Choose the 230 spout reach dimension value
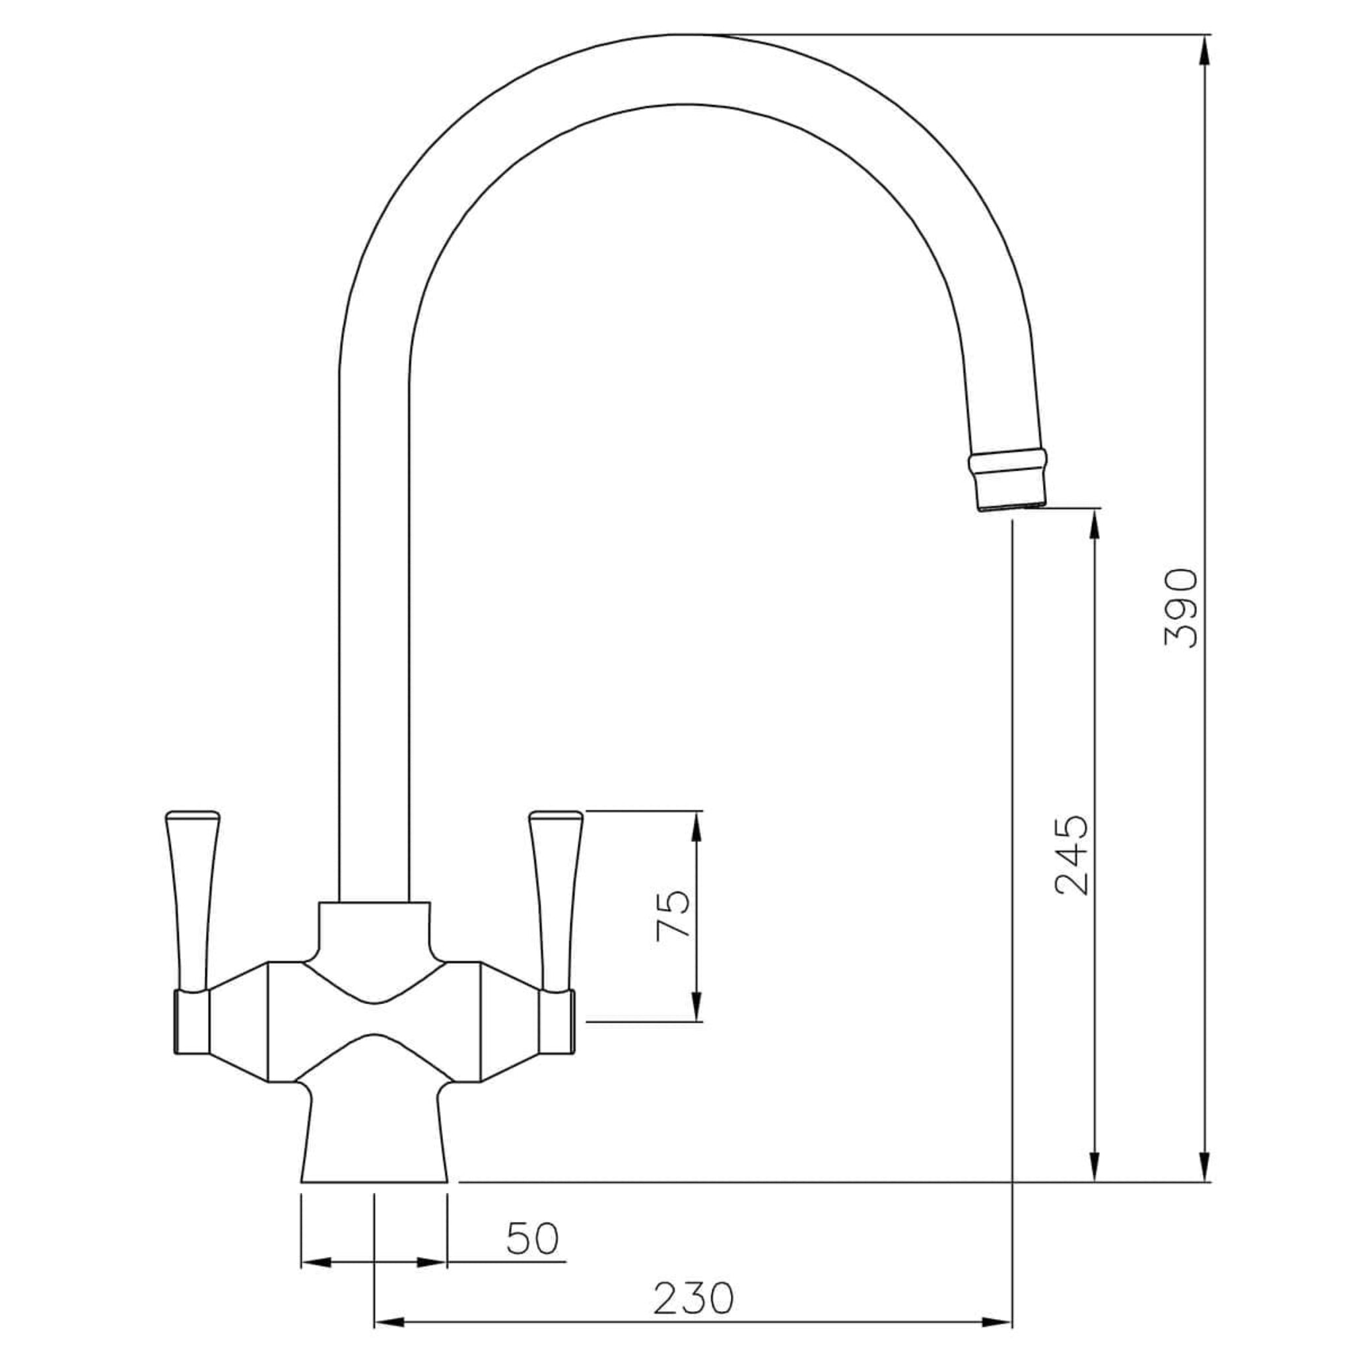click(694, 1299)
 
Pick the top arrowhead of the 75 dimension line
click(696, 826)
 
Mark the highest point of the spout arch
click(689, 34)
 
